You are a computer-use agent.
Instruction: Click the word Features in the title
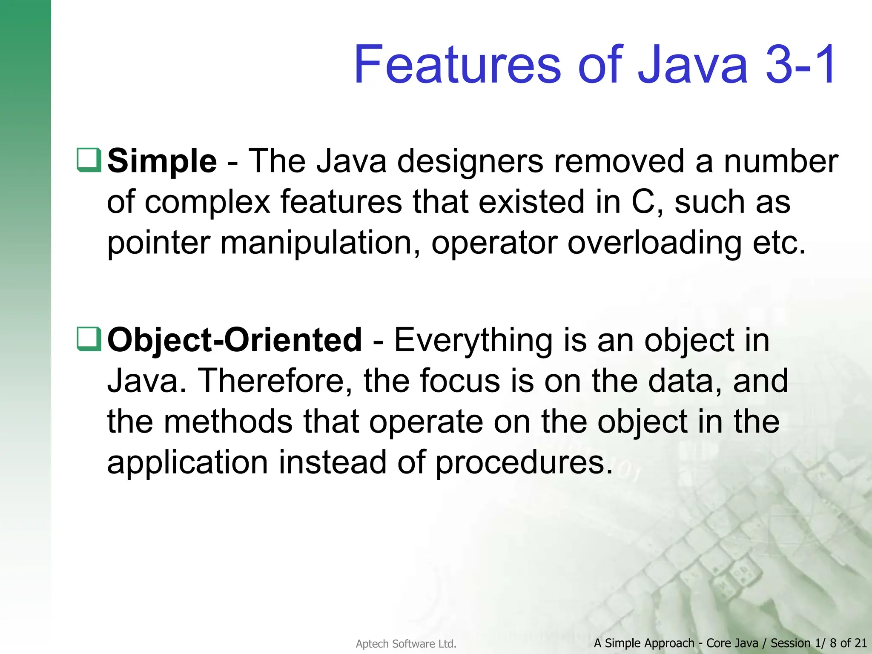tap(458, 65)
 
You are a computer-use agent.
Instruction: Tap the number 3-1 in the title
tap(800, 65)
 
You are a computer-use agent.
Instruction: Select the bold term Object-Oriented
tap(234, 341)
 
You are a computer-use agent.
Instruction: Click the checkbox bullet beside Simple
tap(89, 160)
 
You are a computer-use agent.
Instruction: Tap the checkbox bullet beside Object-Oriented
tap(89, 339)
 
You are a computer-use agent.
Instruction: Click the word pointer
tap(159, 244)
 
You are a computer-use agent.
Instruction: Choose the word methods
tap(228, 422)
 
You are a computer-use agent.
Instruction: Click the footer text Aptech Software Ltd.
tap(406, 644)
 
